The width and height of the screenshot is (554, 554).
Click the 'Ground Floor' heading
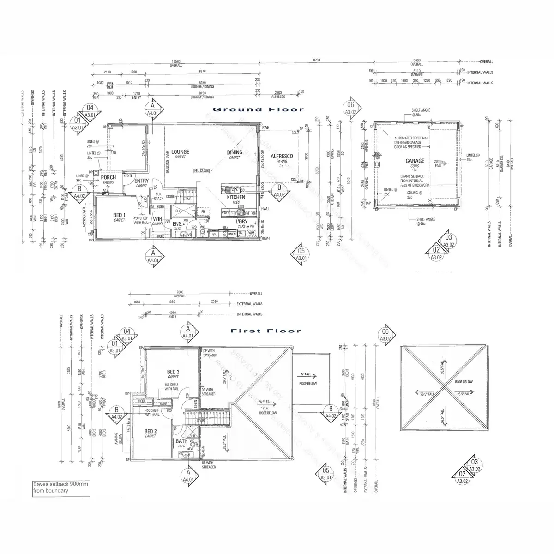258,109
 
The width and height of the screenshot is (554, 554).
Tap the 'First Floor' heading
265,331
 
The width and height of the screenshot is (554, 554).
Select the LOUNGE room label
180,151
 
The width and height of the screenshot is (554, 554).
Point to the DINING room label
235,152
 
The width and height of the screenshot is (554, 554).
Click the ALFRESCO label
282,157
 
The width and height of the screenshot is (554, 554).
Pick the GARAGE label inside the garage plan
415,161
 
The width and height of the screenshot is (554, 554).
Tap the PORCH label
108,177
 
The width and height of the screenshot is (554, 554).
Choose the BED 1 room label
119,215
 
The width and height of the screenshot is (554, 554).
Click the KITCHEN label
236,198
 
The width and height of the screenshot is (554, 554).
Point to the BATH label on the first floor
181,441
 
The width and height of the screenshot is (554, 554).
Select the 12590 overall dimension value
175,61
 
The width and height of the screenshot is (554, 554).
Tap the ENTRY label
141,181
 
